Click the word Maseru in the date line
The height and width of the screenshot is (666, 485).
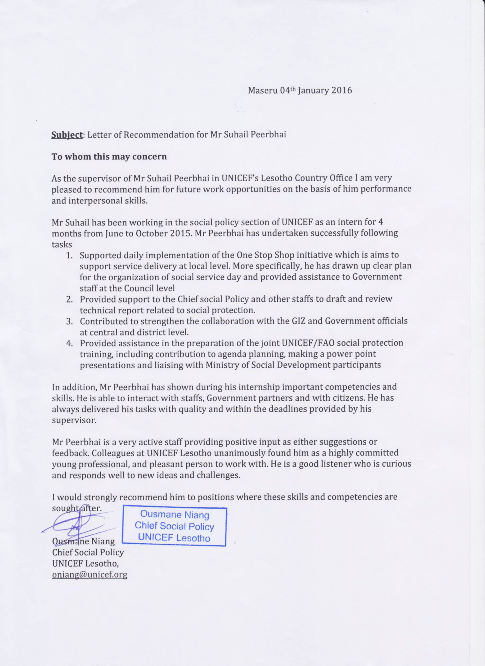coord(263,90)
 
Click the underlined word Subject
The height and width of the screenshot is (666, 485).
coord(67,135)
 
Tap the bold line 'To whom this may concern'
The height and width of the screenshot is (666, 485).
coord(109,156)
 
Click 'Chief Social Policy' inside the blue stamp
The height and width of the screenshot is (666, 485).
coord(174,526)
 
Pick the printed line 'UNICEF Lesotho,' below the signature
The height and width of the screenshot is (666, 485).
coord(85,563)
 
